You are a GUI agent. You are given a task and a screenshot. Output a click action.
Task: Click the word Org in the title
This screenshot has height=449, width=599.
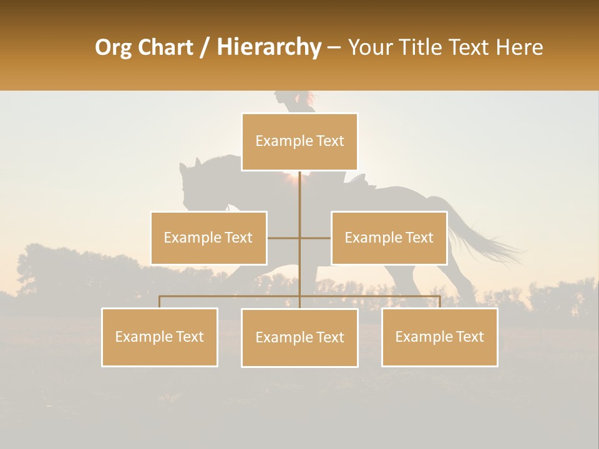tap(114, 47)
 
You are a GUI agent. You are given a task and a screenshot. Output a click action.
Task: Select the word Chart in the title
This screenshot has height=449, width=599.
tap(165, 47)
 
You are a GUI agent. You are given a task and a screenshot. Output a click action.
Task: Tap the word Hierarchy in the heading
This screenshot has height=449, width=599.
tap(269, 47)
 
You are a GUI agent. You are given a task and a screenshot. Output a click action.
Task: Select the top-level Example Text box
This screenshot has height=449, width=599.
tap(299, 142)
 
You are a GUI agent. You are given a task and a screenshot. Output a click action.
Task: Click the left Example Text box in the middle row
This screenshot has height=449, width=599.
tap(208, 238)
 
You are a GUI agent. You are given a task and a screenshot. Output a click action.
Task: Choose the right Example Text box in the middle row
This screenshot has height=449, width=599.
tap(389, 238)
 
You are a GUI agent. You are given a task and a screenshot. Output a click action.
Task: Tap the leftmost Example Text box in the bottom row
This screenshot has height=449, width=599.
tap(160, 337)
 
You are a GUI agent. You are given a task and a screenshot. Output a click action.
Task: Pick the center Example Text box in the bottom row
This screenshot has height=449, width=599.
tap(299, 337)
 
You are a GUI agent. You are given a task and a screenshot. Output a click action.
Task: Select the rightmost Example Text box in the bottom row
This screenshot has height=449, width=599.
tap(439, 337)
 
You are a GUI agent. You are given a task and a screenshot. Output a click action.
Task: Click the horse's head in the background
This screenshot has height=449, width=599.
tap(190, 181)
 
